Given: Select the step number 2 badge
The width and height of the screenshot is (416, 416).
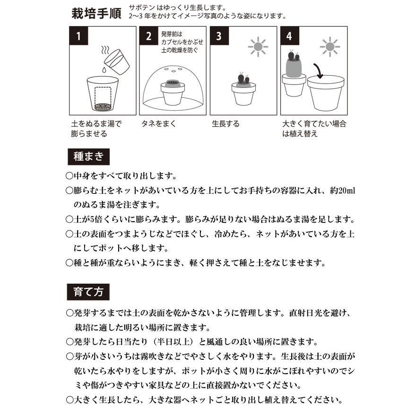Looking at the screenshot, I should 148,36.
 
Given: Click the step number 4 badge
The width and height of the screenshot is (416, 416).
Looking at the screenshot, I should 289,36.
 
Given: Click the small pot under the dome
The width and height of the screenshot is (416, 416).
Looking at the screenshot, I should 173,93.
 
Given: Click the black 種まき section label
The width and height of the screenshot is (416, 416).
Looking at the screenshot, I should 88,156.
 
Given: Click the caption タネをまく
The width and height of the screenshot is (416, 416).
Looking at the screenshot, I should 158,124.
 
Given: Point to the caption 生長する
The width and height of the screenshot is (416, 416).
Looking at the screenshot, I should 225,124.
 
